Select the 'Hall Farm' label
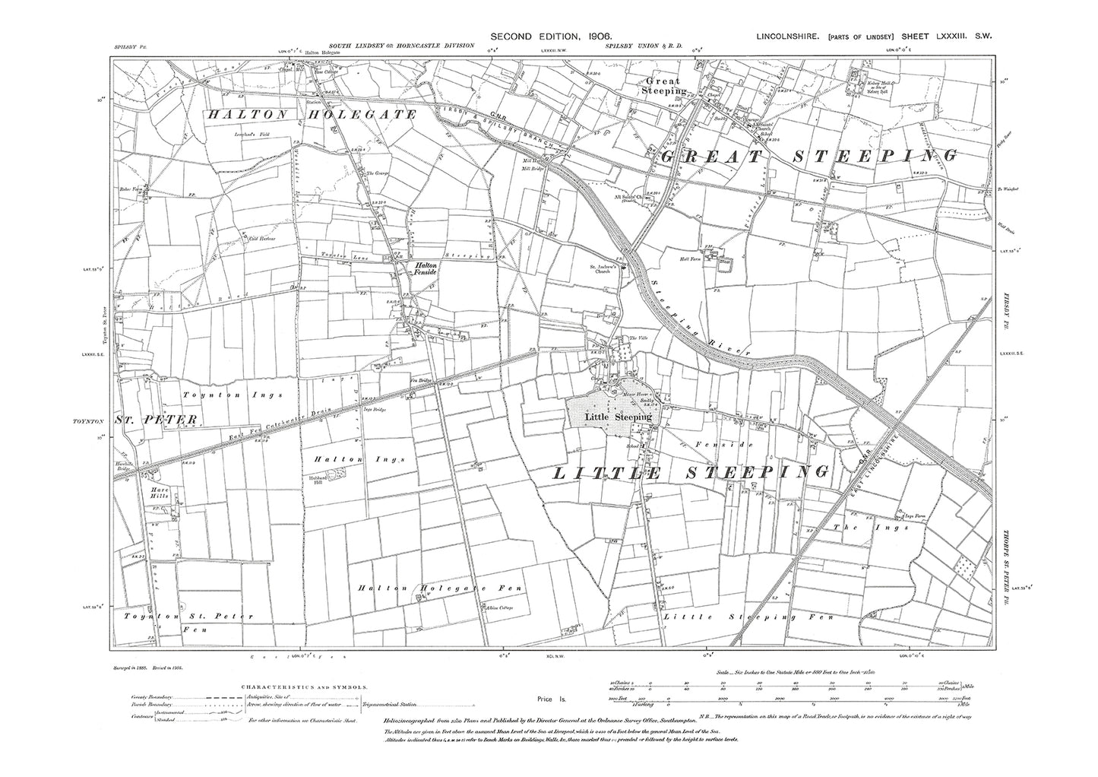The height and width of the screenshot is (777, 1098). click(x=688, y=258)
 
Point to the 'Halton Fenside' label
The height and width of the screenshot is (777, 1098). click(x=423, y=268)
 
